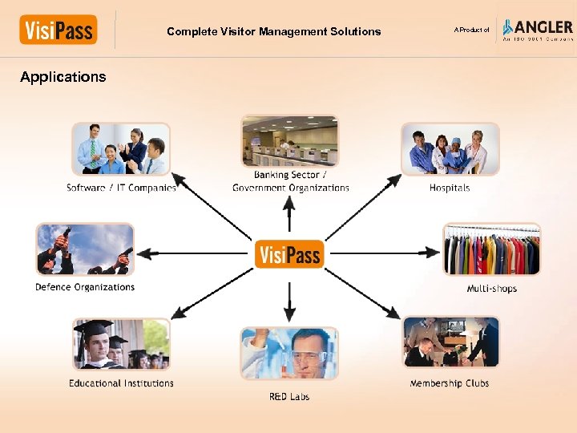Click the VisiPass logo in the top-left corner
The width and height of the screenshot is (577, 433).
[x=59, y=30]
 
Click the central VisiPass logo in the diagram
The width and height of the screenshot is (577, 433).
[x=288, y=254]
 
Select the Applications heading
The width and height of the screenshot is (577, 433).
[x=63, y=77]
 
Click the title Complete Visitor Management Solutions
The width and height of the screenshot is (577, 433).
[x=274, y=32]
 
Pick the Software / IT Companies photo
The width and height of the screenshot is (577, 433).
[x=121, y=148]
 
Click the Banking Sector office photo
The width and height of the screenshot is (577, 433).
[x=290, y=141]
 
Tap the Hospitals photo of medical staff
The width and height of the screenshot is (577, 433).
[x=450, y=149]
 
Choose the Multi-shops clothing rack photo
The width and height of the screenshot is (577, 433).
[x=492, y=249]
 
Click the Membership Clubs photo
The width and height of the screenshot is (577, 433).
[x=450, y=342]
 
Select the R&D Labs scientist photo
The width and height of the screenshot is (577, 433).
[x=290, y=354]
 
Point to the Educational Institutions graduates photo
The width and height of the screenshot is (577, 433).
[x=121, y=343]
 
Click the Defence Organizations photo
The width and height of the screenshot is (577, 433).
[x=85, y=249]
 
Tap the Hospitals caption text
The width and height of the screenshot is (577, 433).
[x=450, y=188]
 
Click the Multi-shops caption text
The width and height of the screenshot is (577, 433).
[x=492, y=289]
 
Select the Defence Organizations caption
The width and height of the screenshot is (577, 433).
[x=85, y=287]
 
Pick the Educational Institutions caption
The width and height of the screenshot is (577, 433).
[x=121, y=383]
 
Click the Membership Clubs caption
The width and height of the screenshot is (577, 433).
[x=450, y=383]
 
